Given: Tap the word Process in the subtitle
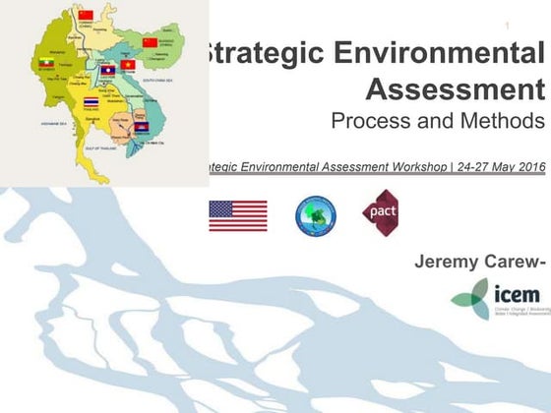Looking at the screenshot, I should [x=373, y=123].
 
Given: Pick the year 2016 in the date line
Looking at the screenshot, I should [x=526, y=167].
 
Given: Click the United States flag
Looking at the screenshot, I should [x=237, y=215].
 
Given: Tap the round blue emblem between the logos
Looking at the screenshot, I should [x=316, y=215].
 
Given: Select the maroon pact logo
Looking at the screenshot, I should [x=380, y=211].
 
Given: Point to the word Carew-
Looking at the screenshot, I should [x=516, y=262].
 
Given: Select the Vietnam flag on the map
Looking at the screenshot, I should [x=128, y=65].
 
